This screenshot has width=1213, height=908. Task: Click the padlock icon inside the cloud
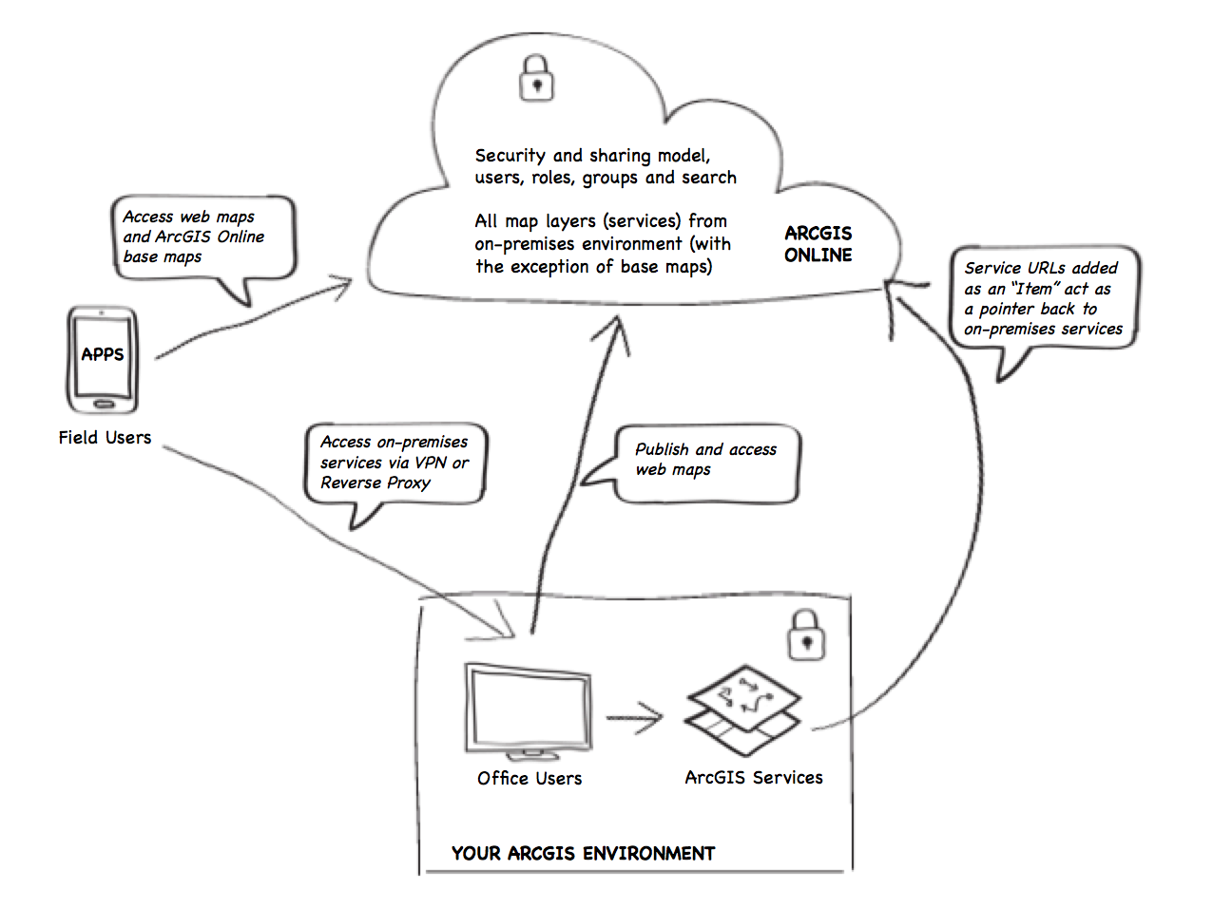point(536,78)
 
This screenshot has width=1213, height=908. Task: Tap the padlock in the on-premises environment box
point(806,634)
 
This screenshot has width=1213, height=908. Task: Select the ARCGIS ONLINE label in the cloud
point(818,244)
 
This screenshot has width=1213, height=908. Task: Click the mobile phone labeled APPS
point(103,359)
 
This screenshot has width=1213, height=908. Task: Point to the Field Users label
point(105,438)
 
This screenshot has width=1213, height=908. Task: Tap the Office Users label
point(529,779)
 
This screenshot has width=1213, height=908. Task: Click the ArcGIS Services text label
point(754,778)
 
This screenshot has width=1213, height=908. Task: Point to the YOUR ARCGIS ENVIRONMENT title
point(583,854)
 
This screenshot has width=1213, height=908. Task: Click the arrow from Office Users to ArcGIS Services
point(634,718)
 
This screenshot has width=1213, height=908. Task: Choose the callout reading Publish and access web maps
point(705,462)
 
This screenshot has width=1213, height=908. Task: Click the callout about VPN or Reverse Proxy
point(395,463)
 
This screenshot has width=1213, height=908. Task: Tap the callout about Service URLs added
point(1043,298)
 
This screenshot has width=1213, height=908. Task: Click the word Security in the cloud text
point(510,156)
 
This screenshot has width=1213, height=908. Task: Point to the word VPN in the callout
point(431,463)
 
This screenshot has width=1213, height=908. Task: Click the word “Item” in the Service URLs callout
point(1034,289)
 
